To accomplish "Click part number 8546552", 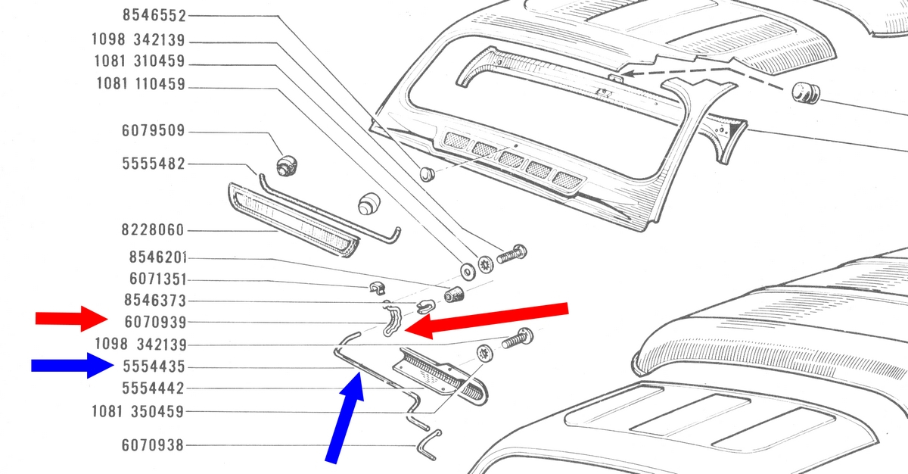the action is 154,15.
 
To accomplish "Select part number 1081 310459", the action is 139,61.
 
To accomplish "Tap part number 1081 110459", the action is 141,84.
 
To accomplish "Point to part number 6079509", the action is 154,130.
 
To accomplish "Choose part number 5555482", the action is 154,164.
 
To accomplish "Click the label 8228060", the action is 153,230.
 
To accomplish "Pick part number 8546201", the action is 157,257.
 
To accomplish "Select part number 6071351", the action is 157,279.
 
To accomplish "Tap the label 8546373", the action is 155,301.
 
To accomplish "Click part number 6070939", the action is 156,323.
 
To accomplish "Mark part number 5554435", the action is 154,366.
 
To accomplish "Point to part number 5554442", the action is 153,388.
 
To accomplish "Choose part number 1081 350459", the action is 138,412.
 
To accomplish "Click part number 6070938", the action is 153,445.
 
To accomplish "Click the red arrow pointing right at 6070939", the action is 72,319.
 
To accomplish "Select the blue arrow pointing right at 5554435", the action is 73,366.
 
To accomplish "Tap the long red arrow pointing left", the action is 486,320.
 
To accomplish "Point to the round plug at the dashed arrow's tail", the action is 806,93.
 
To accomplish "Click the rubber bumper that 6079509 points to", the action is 287,165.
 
